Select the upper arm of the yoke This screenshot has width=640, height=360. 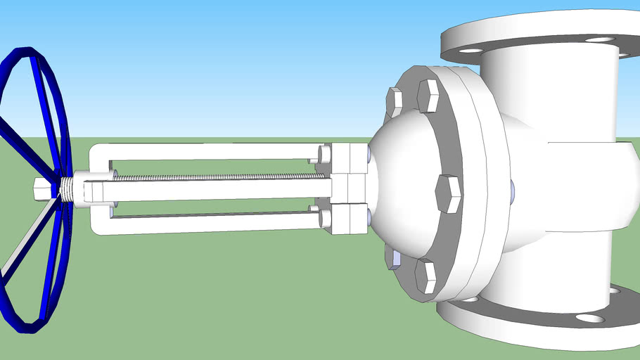click(204, 150)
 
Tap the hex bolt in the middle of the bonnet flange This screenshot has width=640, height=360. click(448, 194)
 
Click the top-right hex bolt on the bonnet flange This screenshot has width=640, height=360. click(428, 96)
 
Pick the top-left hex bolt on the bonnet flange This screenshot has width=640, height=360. click(395, 102)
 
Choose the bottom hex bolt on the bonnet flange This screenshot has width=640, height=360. click(426, 276)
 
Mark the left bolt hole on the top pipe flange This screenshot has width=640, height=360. click(471, 51)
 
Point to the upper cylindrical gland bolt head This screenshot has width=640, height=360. click(324, 154)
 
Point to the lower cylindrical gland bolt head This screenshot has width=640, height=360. click(325, 218)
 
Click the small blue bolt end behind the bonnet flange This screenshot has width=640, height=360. click(513, 188)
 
